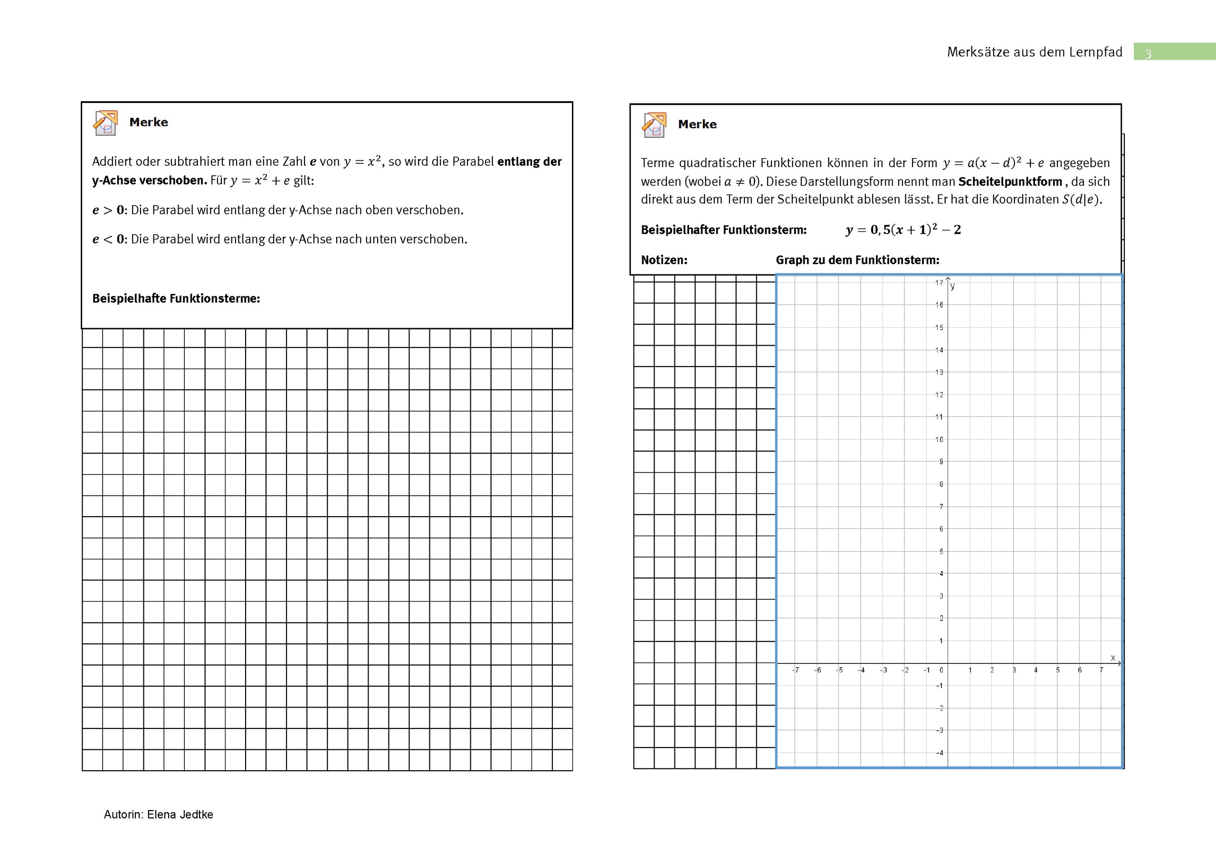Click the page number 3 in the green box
click(x=1148, y=54)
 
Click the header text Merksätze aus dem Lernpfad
click(x=1035, y=52)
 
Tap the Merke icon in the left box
click(x=105, y=123)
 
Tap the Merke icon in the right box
click(x=654, y=125)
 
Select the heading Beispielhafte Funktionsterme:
click(x=176, y=299)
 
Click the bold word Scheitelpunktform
click(x=1010, y=181)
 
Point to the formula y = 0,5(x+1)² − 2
click(x=903, y=230)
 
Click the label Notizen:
click(x=664, y=260)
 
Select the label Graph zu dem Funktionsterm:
click(x=857, y=260)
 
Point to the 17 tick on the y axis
click(x=939, y=283)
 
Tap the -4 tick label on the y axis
click(x=939, y=753)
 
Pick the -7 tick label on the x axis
click(x=795, y=671)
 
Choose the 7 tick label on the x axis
click(x=1101, y=671)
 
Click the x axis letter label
click(x=1113, y=658)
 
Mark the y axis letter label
click(x=952, y=286)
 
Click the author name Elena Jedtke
click(x=180, y=814)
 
